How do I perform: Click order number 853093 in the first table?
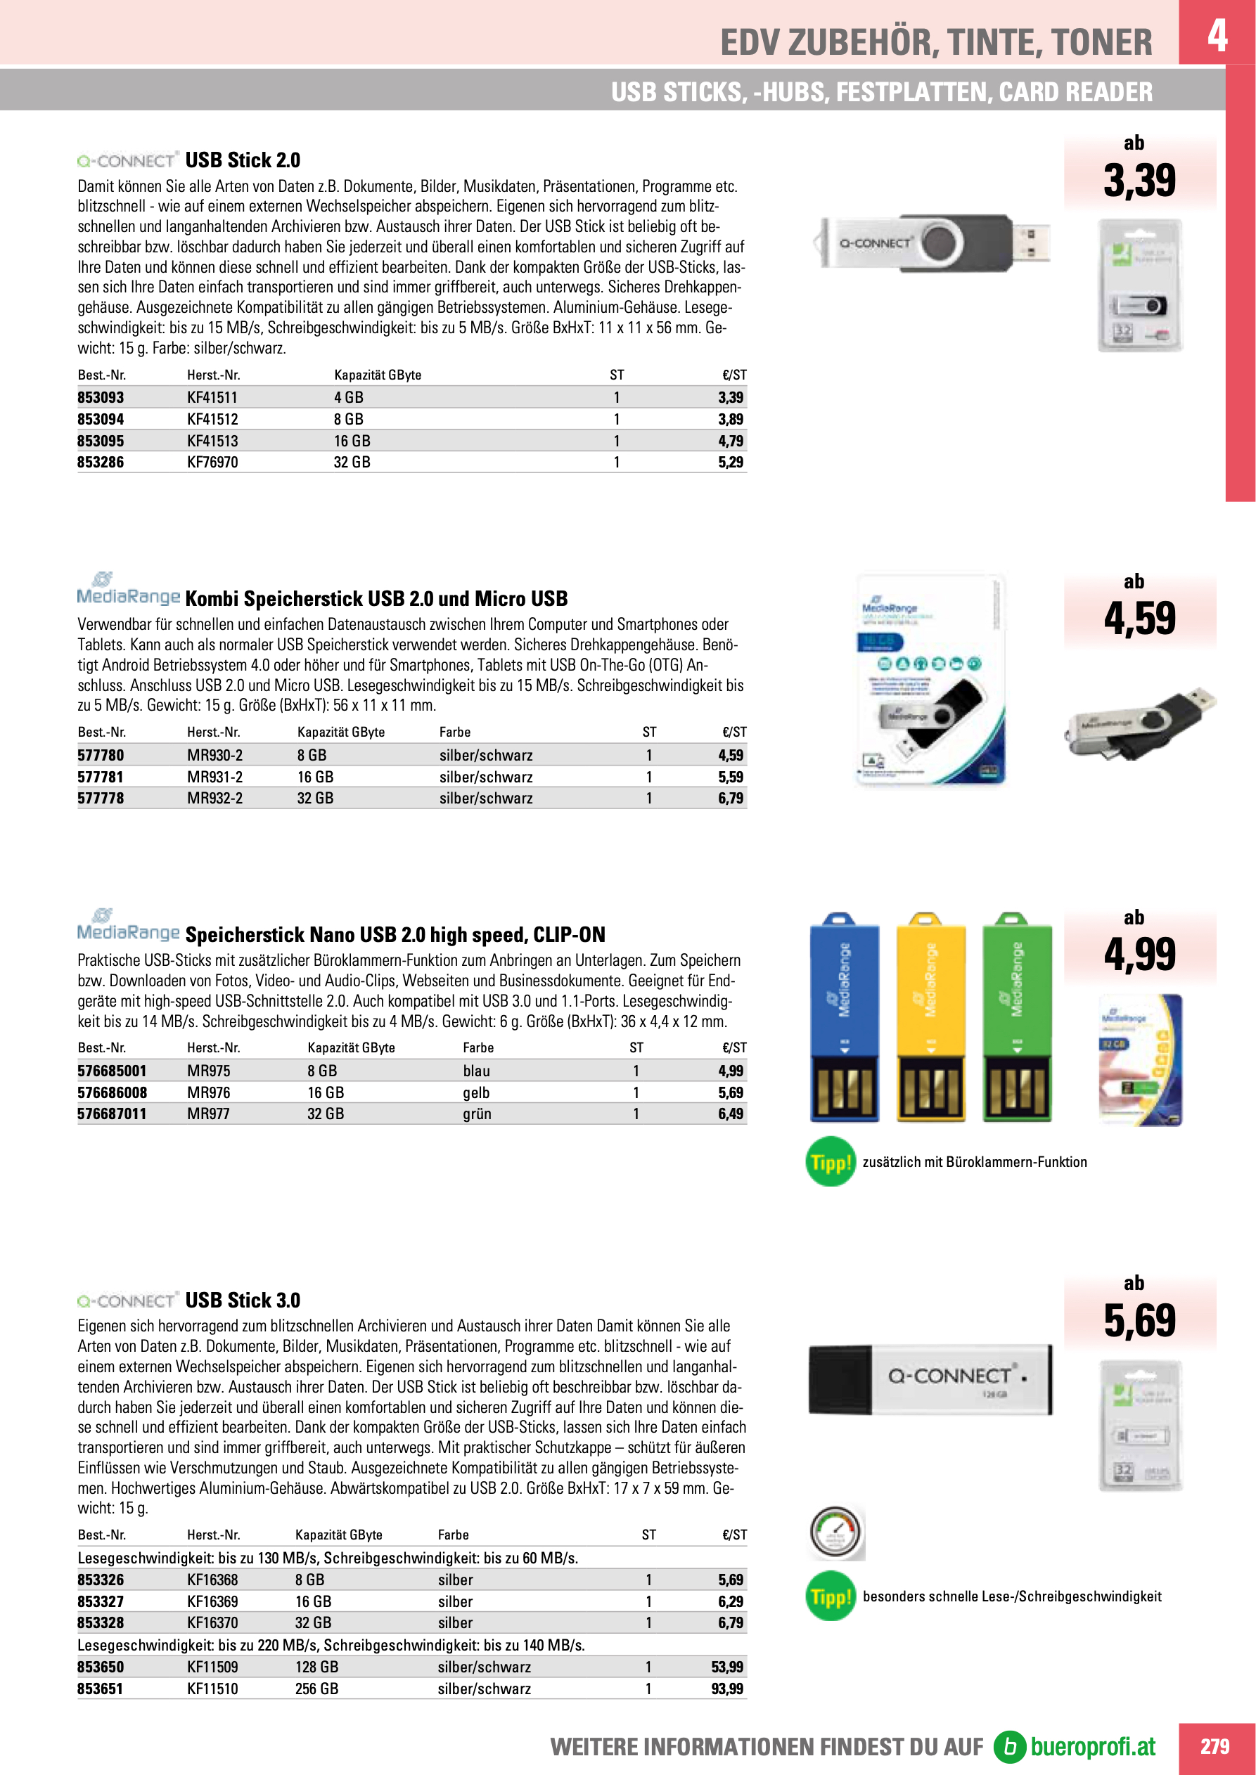[x=101, y=397]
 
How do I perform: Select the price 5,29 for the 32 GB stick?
[x=730, y=463]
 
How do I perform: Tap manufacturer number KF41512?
[x=212, y=419]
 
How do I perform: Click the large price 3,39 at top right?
[x=1139, y=181]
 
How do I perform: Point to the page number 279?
[x=1215, y=1746]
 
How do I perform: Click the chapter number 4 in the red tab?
[x=1217, y=34]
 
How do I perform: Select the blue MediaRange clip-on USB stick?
[x=844, y=1017]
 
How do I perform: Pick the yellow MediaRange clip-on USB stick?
[x=930, y=1017]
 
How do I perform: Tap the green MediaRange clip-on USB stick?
[x=1017, y=1017]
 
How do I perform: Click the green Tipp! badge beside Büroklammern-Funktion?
[x=830, y=1162]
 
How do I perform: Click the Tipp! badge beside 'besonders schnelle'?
[x=830, y=1596]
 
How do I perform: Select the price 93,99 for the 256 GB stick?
[x=727, y=1689]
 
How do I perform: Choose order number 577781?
[x=101, y=777]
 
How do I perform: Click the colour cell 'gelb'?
[x=475, y=1092]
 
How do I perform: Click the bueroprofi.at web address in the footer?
[x=1092, y=1746]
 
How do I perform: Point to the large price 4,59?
[x=1139, y=619]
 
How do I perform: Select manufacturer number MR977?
[x=208, y=1114]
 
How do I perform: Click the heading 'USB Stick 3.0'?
[x=242, y=1300]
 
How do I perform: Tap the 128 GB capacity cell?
[x=316, y=1667]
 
